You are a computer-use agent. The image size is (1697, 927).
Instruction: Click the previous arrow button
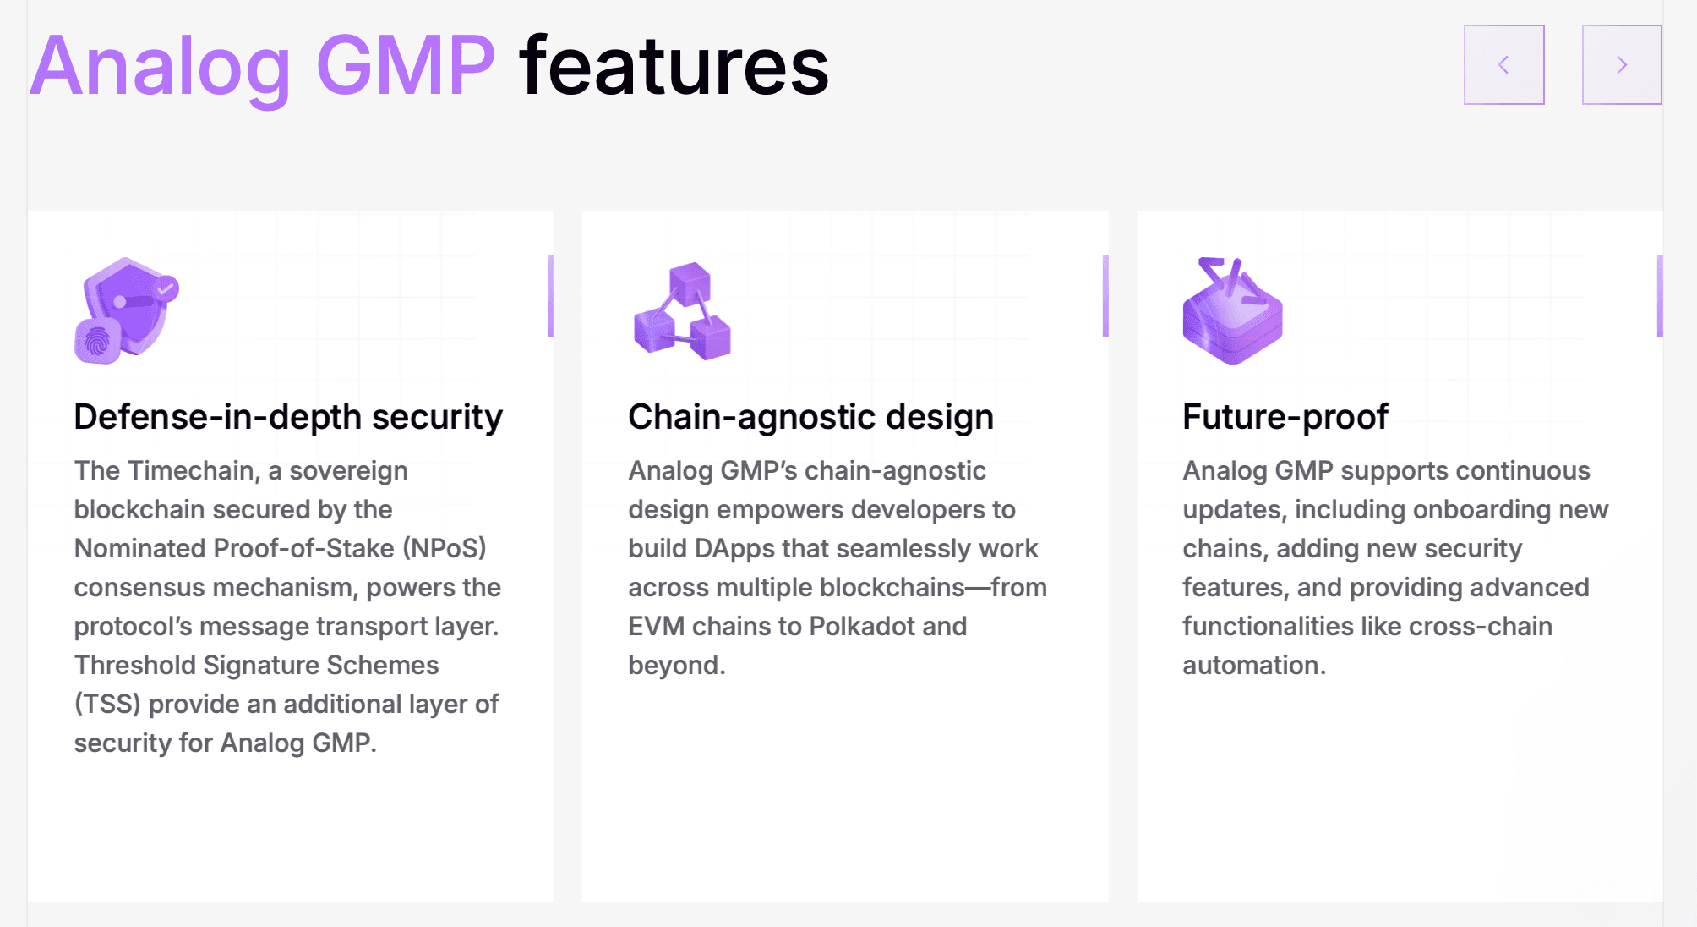tap(1504, 64)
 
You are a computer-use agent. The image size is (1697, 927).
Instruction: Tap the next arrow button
tap(1622, 64)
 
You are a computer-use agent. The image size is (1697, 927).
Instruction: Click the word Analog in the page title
tap(161, 68)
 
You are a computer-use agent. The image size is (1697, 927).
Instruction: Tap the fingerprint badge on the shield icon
tap(98, 342)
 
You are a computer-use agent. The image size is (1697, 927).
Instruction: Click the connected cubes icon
tap(682, 310)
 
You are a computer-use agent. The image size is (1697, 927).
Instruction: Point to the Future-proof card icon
tap(1233, 310)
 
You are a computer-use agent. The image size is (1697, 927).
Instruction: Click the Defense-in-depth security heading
tap(288, 417)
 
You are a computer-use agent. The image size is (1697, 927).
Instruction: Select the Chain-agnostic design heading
tap(810, 417)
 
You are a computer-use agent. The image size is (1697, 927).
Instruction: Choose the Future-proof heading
tap(1285, 417)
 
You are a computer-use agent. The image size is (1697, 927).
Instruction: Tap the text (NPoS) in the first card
tap(445, 549)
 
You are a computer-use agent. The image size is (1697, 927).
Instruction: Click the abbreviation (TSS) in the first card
tap(107, 705)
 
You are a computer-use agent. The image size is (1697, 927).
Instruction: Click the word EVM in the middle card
tap(657, 627)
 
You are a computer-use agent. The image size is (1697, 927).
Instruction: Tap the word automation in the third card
tap(1254, 666)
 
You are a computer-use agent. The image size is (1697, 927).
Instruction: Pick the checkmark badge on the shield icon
tap(166, 288)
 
